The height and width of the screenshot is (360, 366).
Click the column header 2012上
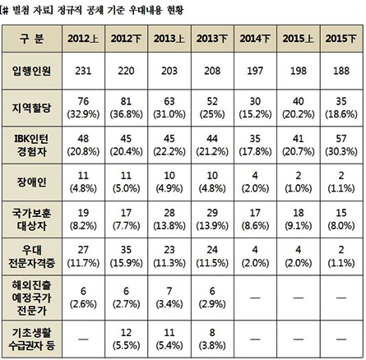point(85,38)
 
